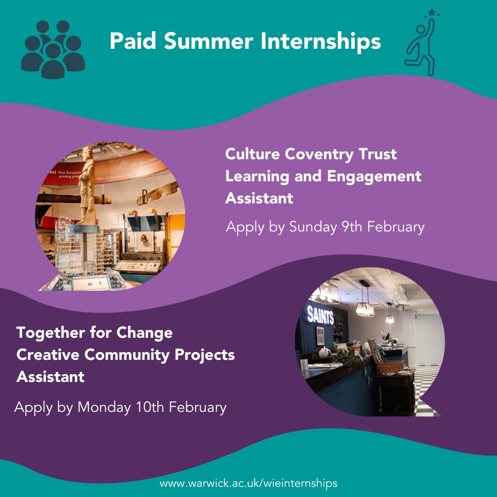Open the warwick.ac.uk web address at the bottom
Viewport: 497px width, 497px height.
pyautogui.click(x=248, y=484)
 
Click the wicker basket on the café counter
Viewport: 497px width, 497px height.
pyautogui.click(x=389, y=366)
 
